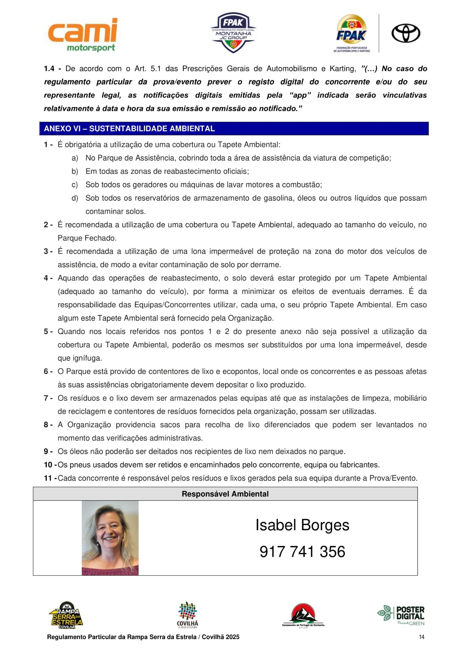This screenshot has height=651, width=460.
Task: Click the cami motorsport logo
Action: point(83,35)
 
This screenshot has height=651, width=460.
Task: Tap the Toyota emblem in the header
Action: point(406,33)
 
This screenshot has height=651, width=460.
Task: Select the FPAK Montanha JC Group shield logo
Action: point(233,33)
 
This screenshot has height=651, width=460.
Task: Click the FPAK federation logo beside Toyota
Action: point(352,33)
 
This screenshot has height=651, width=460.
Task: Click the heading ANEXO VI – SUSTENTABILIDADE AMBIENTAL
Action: point(129,129)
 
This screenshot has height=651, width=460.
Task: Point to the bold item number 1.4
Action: point(49,69)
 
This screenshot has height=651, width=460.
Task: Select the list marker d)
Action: point(75,198)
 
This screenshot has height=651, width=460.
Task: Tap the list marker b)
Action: point(75,171)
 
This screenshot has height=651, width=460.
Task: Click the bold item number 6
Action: point(46,371)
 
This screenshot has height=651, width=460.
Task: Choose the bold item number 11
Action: point(48,478)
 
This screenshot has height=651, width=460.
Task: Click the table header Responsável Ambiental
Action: point(225,494)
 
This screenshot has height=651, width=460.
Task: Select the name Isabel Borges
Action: point(302,525)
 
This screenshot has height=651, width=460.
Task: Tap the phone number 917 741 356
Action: point(302,552)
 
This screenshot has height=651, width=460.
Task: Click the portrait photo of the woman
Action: point(110,538)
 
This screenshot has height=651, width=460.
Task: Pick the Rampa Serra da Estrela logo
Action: point(66,615)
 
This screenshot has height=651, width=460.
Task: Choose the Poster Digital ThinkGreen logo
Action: point(401,615)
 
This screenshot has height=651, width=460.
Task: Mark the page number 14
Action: point(421,637)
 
